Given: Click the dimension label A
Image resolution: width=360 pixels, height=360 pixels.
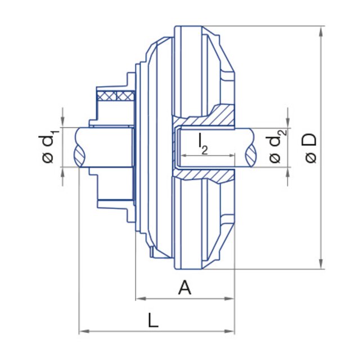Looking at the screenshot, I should pyautogui.click(x=184, y=287).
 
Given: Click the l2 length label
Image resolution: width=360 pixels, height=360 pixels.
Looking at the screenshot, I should pyautogui.click(x=203, y=143).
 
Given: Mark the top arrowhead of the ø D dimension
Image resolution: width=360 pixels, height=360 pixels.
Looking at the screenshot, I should pyautogui.click(x=321, y=30).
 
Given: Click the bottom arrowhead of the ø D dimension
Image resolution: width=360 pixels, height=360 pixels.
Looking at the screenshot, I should pyautogui.click(x=321, y=264).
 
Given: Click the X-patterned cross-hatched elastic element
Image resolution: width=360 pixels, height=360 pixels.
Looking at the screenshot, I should pyautogui.click(x=116, y=96).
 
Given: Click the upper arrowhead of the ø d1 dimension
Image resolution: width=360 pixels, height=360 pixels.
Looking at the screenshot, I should pyautogui.click(x=63, y=123).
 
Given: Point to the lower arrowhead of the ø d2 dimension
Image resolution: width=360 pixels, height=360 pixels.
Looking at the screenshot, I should pyautogui.click(x=288, y=171).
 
